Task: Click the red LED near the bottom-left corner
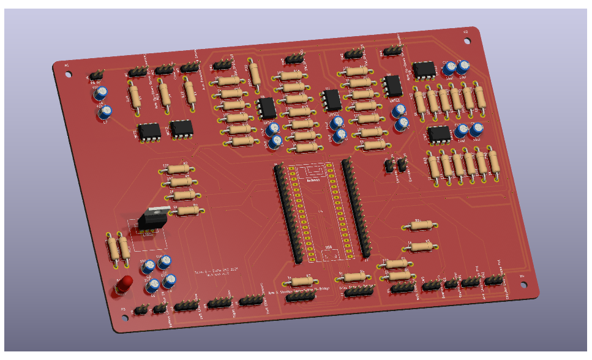pos(124,284)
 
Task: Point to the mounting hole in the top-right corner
pos(467,40)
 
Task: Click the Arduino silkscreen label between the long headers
pos(314,179)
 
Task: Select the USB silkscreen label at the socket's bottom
pos(328,247)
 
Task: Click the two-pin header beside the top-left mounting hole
pos(96,75)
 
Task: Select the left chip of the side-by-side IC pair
pos(149,131)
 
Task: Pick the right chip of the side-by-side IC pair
pos(181,128)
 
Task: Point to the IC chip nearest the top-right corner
pos(424,69)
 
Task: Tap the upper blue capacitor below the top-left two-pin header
pos(100,93)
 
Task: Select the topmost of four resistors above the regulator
pos(178,168)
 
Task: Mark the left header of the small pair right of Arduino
pos(389,165)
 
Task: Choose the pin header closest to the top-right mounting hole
pos(392,51)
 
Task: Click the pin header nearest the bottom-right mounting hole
pos(493,280)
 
